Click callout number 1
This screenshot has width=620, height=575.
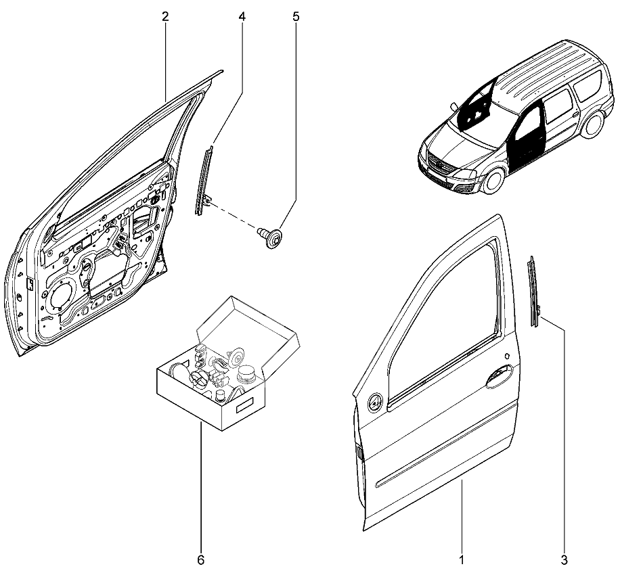462,560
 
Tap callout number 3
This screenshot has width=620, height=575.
564,560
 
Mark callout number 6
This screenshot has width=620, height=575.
200,560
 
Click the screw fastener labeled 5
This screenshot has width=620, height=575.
273,238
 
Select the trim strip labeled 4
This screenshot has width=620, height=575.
204,179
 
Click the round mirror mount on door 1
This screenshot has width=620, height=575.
374,404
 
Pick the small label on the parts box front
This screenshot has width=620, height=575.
242,409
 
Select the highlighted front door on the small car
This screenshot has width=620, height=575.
526,135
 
